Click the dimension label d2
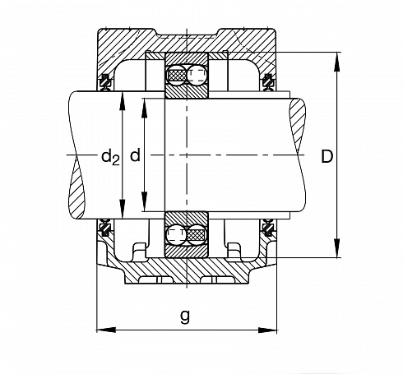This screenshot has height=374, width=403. pyautogui.click(x=110, y=158)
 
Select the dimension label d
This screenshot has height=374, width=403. pyautogui.click(x=135, y=155)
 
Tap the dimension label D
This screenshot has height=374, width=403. pyautogui.click(x=327, y=157)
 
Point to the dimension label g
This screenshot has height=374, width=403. pyautogui.click(x=185, y=316)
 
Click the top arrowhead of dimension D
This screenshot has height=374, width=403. pyautogui.click(x=336, y=62)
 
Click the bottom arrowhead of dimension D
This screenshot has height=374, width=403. pyautogui.click(x=336, y=248)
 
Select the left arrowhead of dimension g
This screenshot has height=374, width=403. pyautogui.click(x=106, y=330)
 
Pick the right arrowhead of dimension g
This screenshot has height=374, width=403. pyautogui.click(x=267, y=330)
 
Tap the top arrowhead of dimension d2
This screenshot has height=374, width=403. pyautogui.click(x=123, y=101)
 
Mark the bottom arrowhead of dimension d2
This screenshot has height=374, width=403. pyautogui.click(x=123, y=209)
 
